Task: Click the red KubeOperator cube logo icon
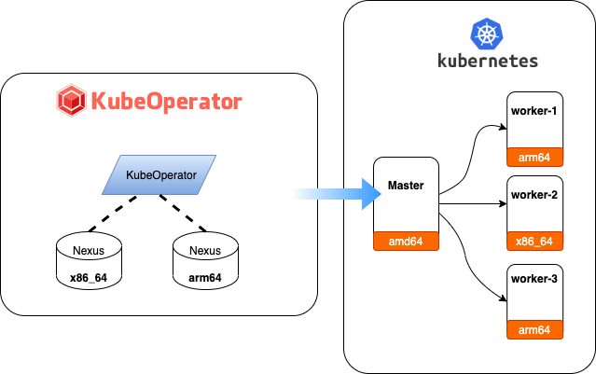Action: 71,100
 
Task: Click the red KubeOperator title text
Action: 165,100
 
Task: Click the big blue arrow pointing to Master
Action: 331,193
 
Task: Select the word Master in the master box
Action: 406,186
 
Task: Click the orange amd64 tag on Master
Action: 406,242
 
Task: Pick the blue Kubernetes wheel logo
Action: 486,36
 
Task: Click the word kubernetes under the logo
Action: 487,62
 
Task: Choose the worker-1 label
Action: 534,112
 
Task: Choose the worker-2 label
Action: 534,195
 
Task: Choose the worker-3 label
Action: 534,283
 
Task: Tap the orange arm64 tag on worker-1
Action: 534,156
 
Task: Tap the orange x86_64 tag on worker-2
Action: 534,241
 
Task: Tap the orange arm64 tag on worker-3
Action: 534,329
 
